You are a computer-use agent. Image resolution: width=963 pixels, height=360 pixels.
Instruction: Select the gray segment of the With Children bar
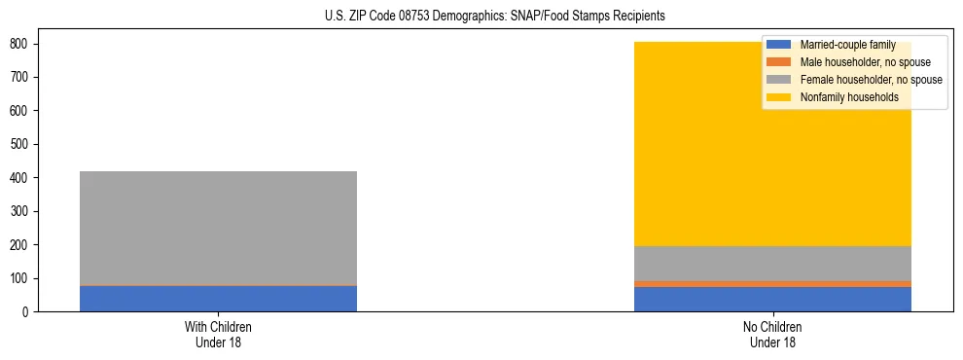click(x=218, y=228)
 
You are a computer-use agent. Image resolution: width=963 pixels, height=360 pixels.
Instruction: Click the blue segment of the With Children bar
click(x=218, y=299)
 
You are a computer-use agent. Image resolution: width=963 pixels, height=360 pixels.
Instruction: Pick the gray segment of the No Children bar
click(x=772, y=264)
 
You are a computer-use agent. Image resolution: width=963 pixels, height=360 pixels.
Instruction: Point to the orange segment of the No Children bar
click(x=772, y=284)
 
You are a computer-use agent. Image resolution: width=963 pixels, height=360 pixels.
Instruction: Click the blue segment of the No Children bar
click(x=772, y=300)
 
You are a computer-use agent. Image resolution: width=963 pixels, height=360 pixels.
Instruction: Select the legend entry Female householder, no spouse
click(x=871, y=80)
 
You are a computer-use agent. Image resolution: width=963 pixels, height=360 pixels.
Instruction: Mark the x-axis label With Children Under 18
click(x=218, y=334)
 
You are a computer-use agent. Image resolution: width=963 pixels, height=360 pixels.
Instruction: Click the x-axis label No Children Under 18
click(x=772, y=334)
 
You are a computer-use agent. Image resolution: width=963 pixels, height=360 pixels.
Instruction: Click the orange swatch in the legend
click(x=779, y=62)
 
